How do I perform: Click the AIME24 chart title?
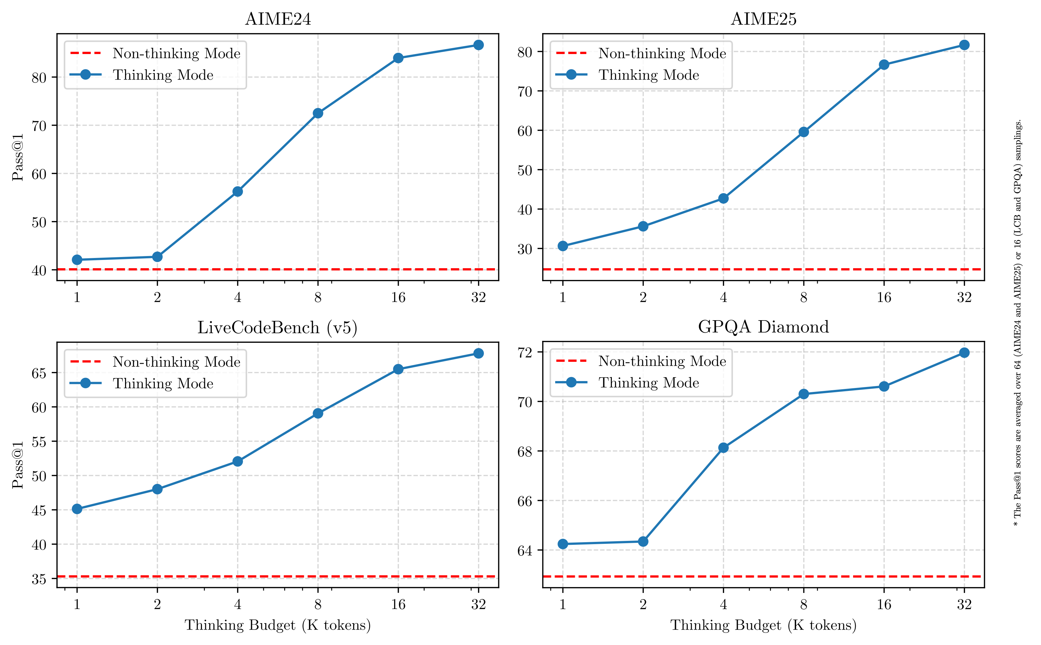(x=278, y=19)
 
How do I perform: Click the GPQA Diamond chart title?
(x=763, y=327)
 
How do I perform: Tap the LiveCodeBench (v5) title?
(x=277, y=328)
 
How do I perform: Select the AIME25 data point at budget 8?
(x=803, y=132)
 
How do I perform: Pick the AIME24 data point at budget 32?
(x=479, y=45)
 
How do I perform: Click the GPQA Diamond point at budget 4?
(x=723, y=448)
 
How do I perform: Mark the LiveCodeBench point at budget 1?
(x=77, y=509)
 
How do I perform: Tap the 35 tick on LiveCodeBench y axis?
(x=39, y=579)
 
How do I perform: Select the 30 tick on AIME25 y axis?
(x=525, y=249)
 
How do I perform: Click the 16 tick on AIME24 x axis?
(x=398, y=297)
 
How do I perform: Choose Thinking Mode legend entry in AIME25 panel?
(x=648, y=75)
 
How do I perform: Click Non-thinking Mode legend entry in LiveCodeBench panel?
(x=176, y=362)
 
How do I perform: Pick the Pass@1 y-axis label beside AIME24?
(x=18, y=157)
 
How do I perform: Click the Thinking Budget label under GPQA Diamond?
(x=763, y=625)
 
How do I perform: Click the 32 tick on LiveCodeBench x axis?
(x=479, y=604)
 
